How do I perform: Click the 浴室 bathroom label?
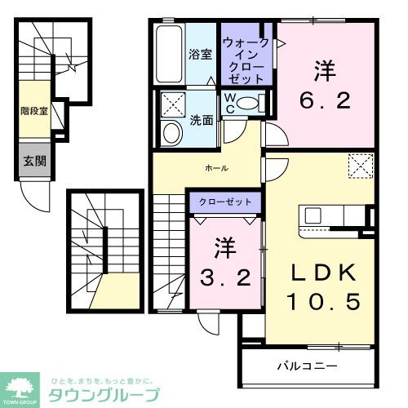pyautogui.click(x=201, y=55)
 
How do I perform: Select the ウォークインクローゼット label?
pyautogui.click(x=246, y=55)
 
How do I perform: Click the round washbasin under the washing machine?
pyautogui.click(x=173, y=133)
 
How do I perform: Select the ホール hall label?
pyautogui.click(x=216, y=168)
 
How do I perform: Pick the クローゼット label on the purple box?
pyautogui.click(x=226, y=200)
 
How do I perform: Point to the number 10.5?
pyautogui.click(x=323, y=301)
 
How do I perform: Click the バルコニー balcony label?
pyautogui.click(x=308, y=365)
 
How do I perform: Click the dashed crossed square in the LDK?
pyautogui.click(x=359, y=167)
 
